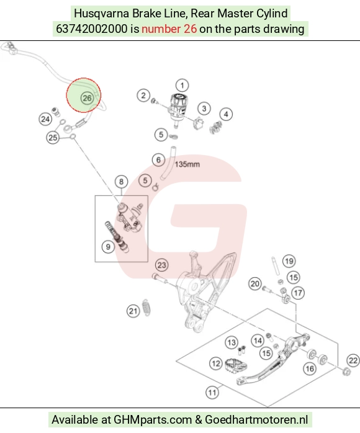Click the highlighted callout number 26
pos(87,98)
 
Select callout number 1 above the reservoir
pos(182,86)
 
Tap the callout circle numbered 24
pos(45,119)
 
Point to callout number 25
pos(53,138)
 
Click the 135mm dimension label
pos(187,164)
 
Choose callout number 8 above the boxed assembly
pos(121,182)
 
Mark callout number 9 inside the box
pos(108,247)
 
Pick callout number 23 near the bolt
pos(161,266)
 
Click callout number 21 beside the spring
pos(133,311)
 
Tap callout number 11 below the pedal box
pos(212,393)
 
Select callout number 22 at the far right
pos(353,360)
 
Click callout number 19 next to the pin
pos(289,261)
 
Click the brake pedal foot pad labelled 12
pos(236,365)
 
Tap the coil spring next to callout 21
pos(146,307)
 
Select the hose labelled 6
pos(169,163)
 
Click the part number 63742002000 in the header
pos(91,29)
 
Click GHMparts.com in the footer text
pos(153,420)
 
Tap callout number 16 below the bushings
pos(310,368)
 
